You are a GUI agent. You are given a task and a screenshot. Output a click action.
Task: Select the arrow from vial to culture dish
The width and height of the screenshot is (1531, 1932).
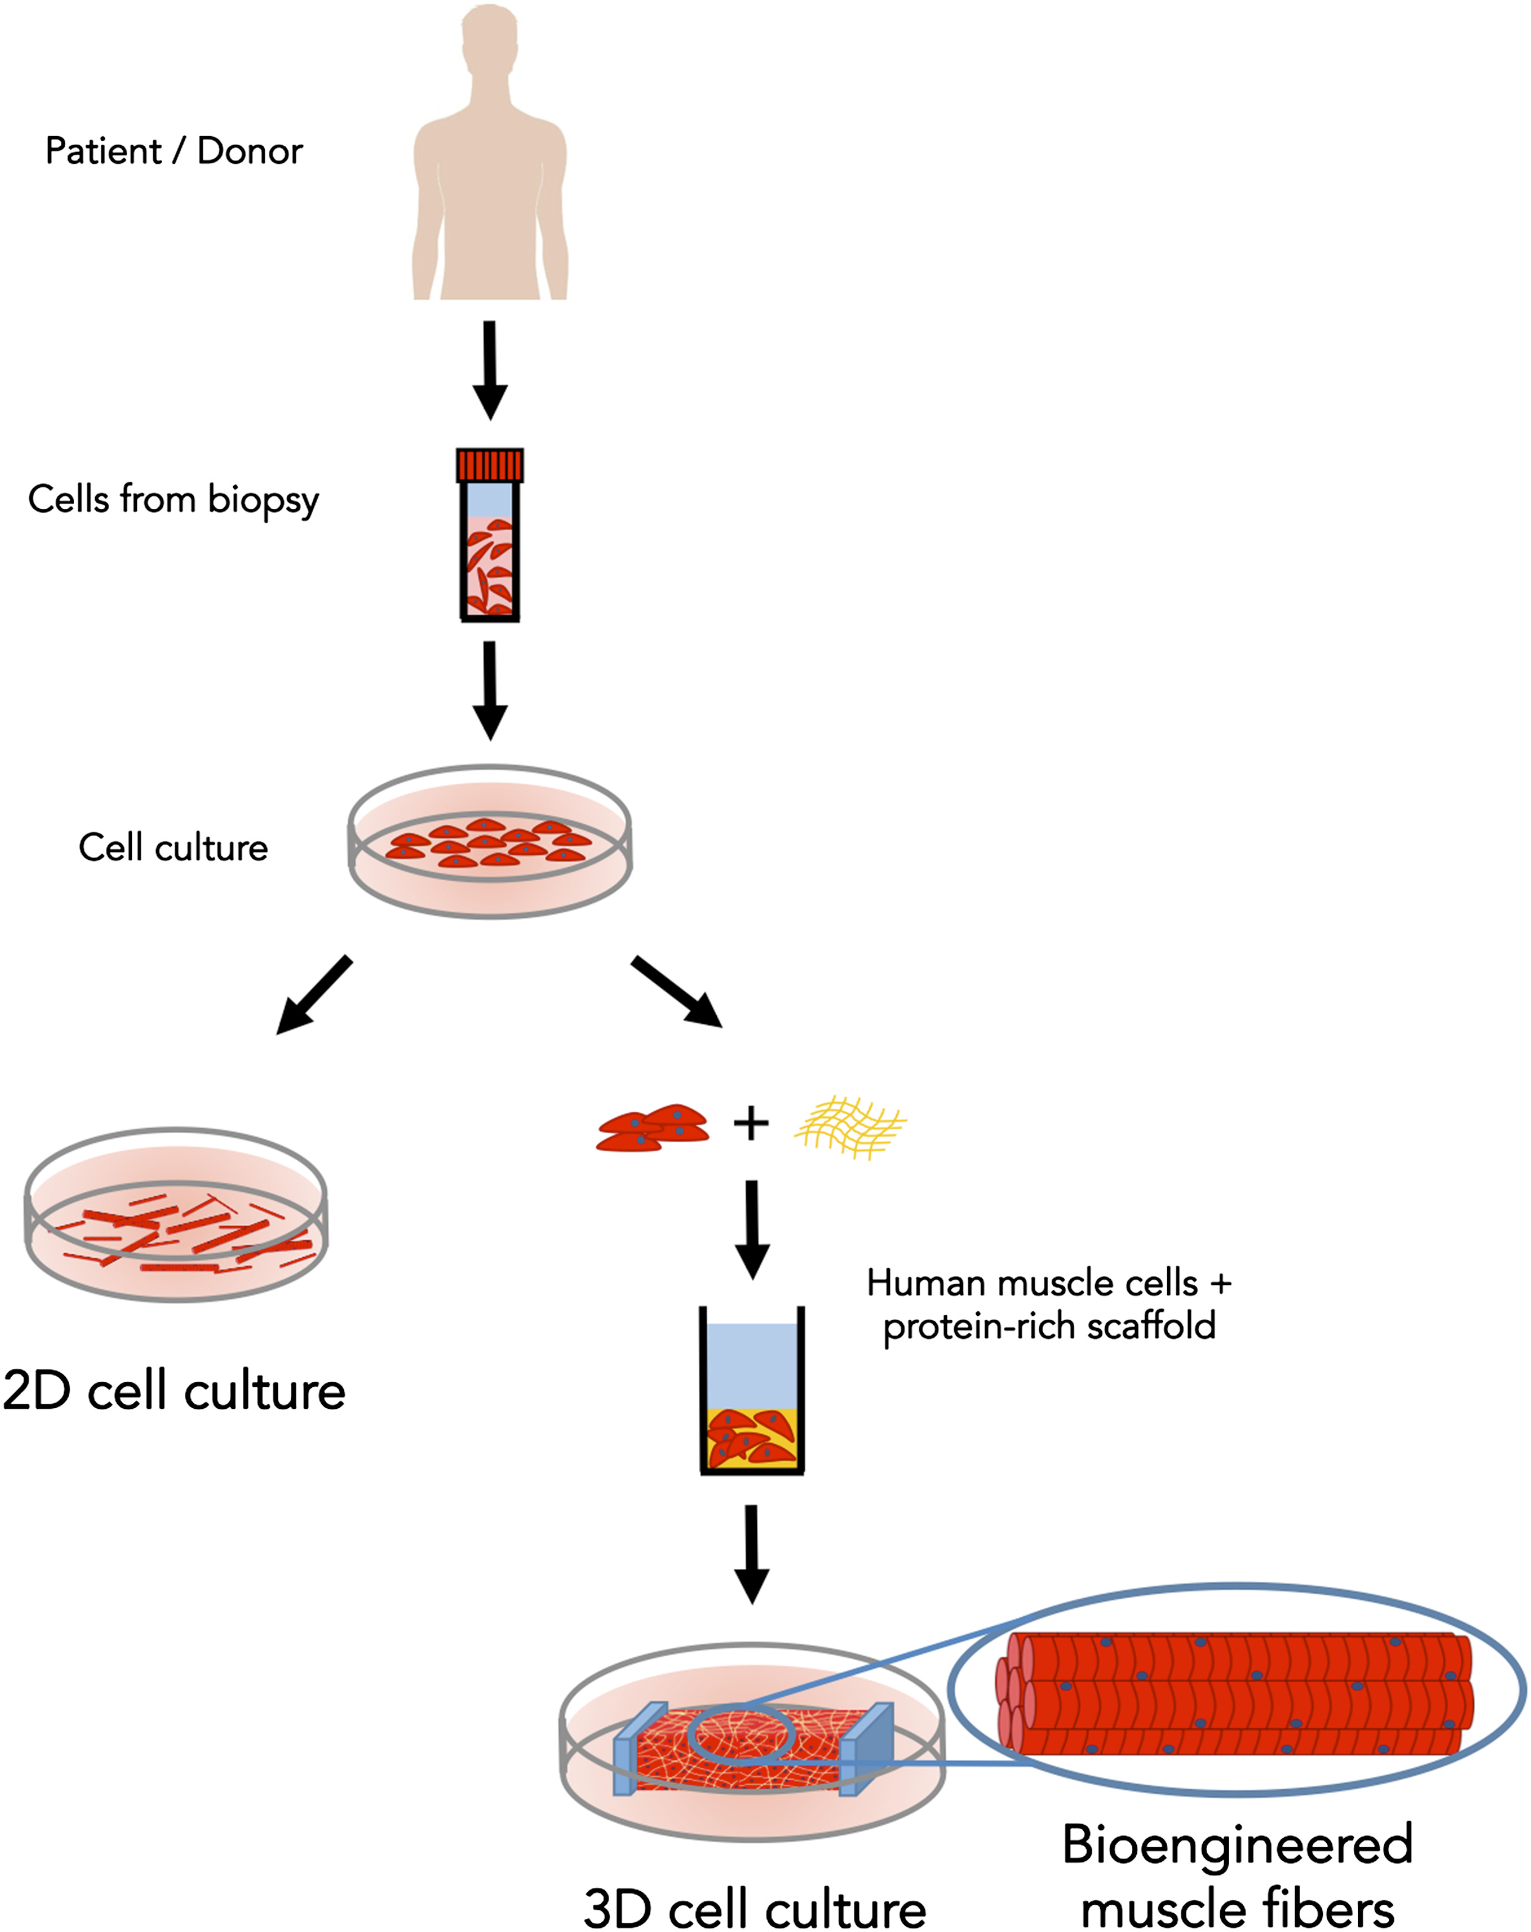pyautogui.click(x=489, y=690)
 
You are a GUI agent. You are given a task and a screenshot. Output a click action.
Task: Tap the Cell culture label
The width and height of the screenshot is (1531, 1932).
pyautogui.click(x=173, y=848)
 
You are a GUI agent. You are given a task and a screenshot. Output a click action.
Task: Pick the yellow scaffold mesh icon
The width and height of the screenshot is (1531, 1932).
pyautogui.click(x=850, y=1127)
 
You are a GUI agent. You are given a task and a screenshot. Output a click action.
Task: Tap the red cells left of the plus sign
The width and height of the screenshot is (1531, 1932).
pyautogui.click(x=653, y=1127)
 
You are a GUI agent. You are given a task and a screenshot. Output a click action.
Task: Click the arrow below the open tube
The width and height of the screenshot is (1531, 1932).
pyautogui.click(x=751, y=1553)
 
